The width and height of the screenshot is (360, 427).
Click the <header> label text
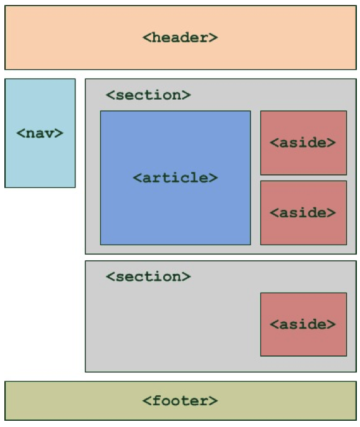click(180, 37)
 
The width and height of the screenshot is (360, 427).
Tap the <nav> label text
click(40, 133)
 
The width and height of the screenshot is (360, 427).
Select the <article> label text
click(175, 177)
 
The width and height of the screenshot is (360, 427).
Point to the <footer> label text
click(180, 401)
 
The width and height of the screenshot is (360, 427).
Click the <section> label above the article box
click(148, 95)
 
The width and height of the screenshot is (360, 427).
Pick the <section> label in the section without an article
click(148, 276)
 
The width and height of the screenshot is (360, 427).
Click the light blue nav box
click(40, 133)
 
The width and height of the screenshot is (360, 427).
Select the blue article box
click(176, 178)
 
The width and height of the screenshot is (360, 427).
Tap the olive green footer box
click(181, 401)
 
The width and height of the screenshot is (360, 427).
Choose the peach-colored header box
click(181, 37)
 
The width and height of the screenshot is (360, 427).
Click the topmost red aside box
click(303, 143)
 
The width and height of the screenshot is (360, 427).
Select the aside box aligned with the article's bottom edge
click(303, 213)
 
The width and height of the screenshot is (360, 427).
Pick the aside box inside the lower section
click(303, 324)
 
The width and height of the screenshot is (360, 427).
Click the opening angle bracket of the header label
click(146, 37)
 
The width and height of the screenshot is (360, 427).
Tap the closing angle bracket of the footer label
click(214, 401)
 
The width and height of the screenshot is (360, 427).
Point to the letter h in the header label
click(156, 37)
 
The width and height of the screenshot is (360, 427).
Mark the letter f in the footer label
click(156, 401)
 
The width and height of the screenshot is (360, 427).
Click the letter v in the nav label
click(49, 134)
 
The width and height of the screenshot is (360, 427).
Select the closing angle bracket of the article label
click(214, 178)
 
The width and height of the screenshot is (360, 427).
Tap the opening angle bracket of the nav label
click(21, 133)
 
